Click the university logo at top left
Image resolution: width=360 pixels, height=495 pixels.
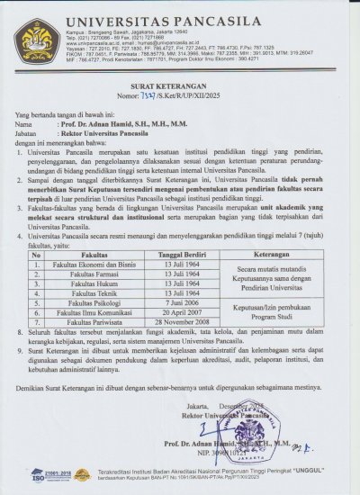38,40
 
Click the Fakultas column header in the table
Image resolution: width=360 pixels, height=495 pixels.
87,256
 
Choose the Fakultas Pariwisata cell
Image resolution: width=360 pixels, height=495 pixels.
92,321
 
